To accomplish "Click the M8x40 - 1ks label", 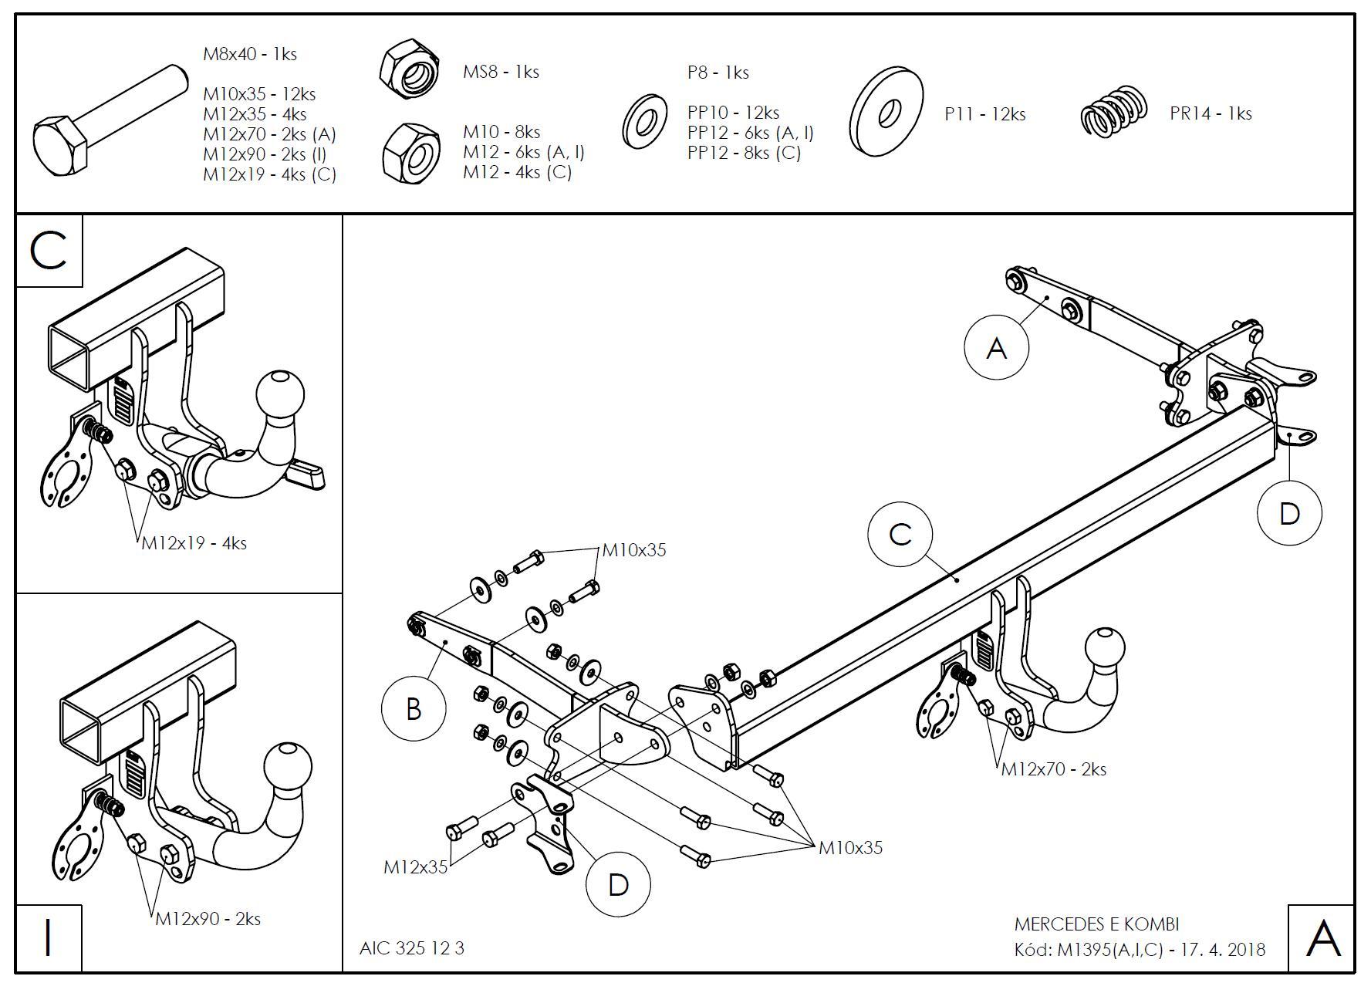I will (249, 54).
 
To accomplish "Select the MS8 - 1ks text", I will (500, 72).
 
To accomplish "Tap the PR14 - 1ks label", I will (1210, 113).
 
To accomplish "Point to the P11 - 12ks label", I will (984, 114).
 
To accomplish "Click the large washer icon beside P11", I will (886, 112).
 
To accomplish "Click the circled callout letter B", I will (414, 708).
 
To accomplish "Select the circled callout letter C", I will (900, 535).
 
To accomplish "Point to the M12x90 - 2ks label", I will (208, 919).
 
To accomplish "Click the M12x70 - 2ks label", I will (1053, 769).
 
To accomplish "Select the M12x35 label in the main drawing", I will (415, 867).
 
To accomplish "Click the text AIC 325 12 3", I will (412, 948).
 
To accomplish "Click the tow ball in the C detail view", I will (279, 393).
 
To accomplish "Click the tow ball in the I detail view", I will (288, 767).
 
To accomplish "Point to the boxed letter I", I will (49, 938).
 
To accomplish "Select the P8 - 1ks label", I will (718, 73).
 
